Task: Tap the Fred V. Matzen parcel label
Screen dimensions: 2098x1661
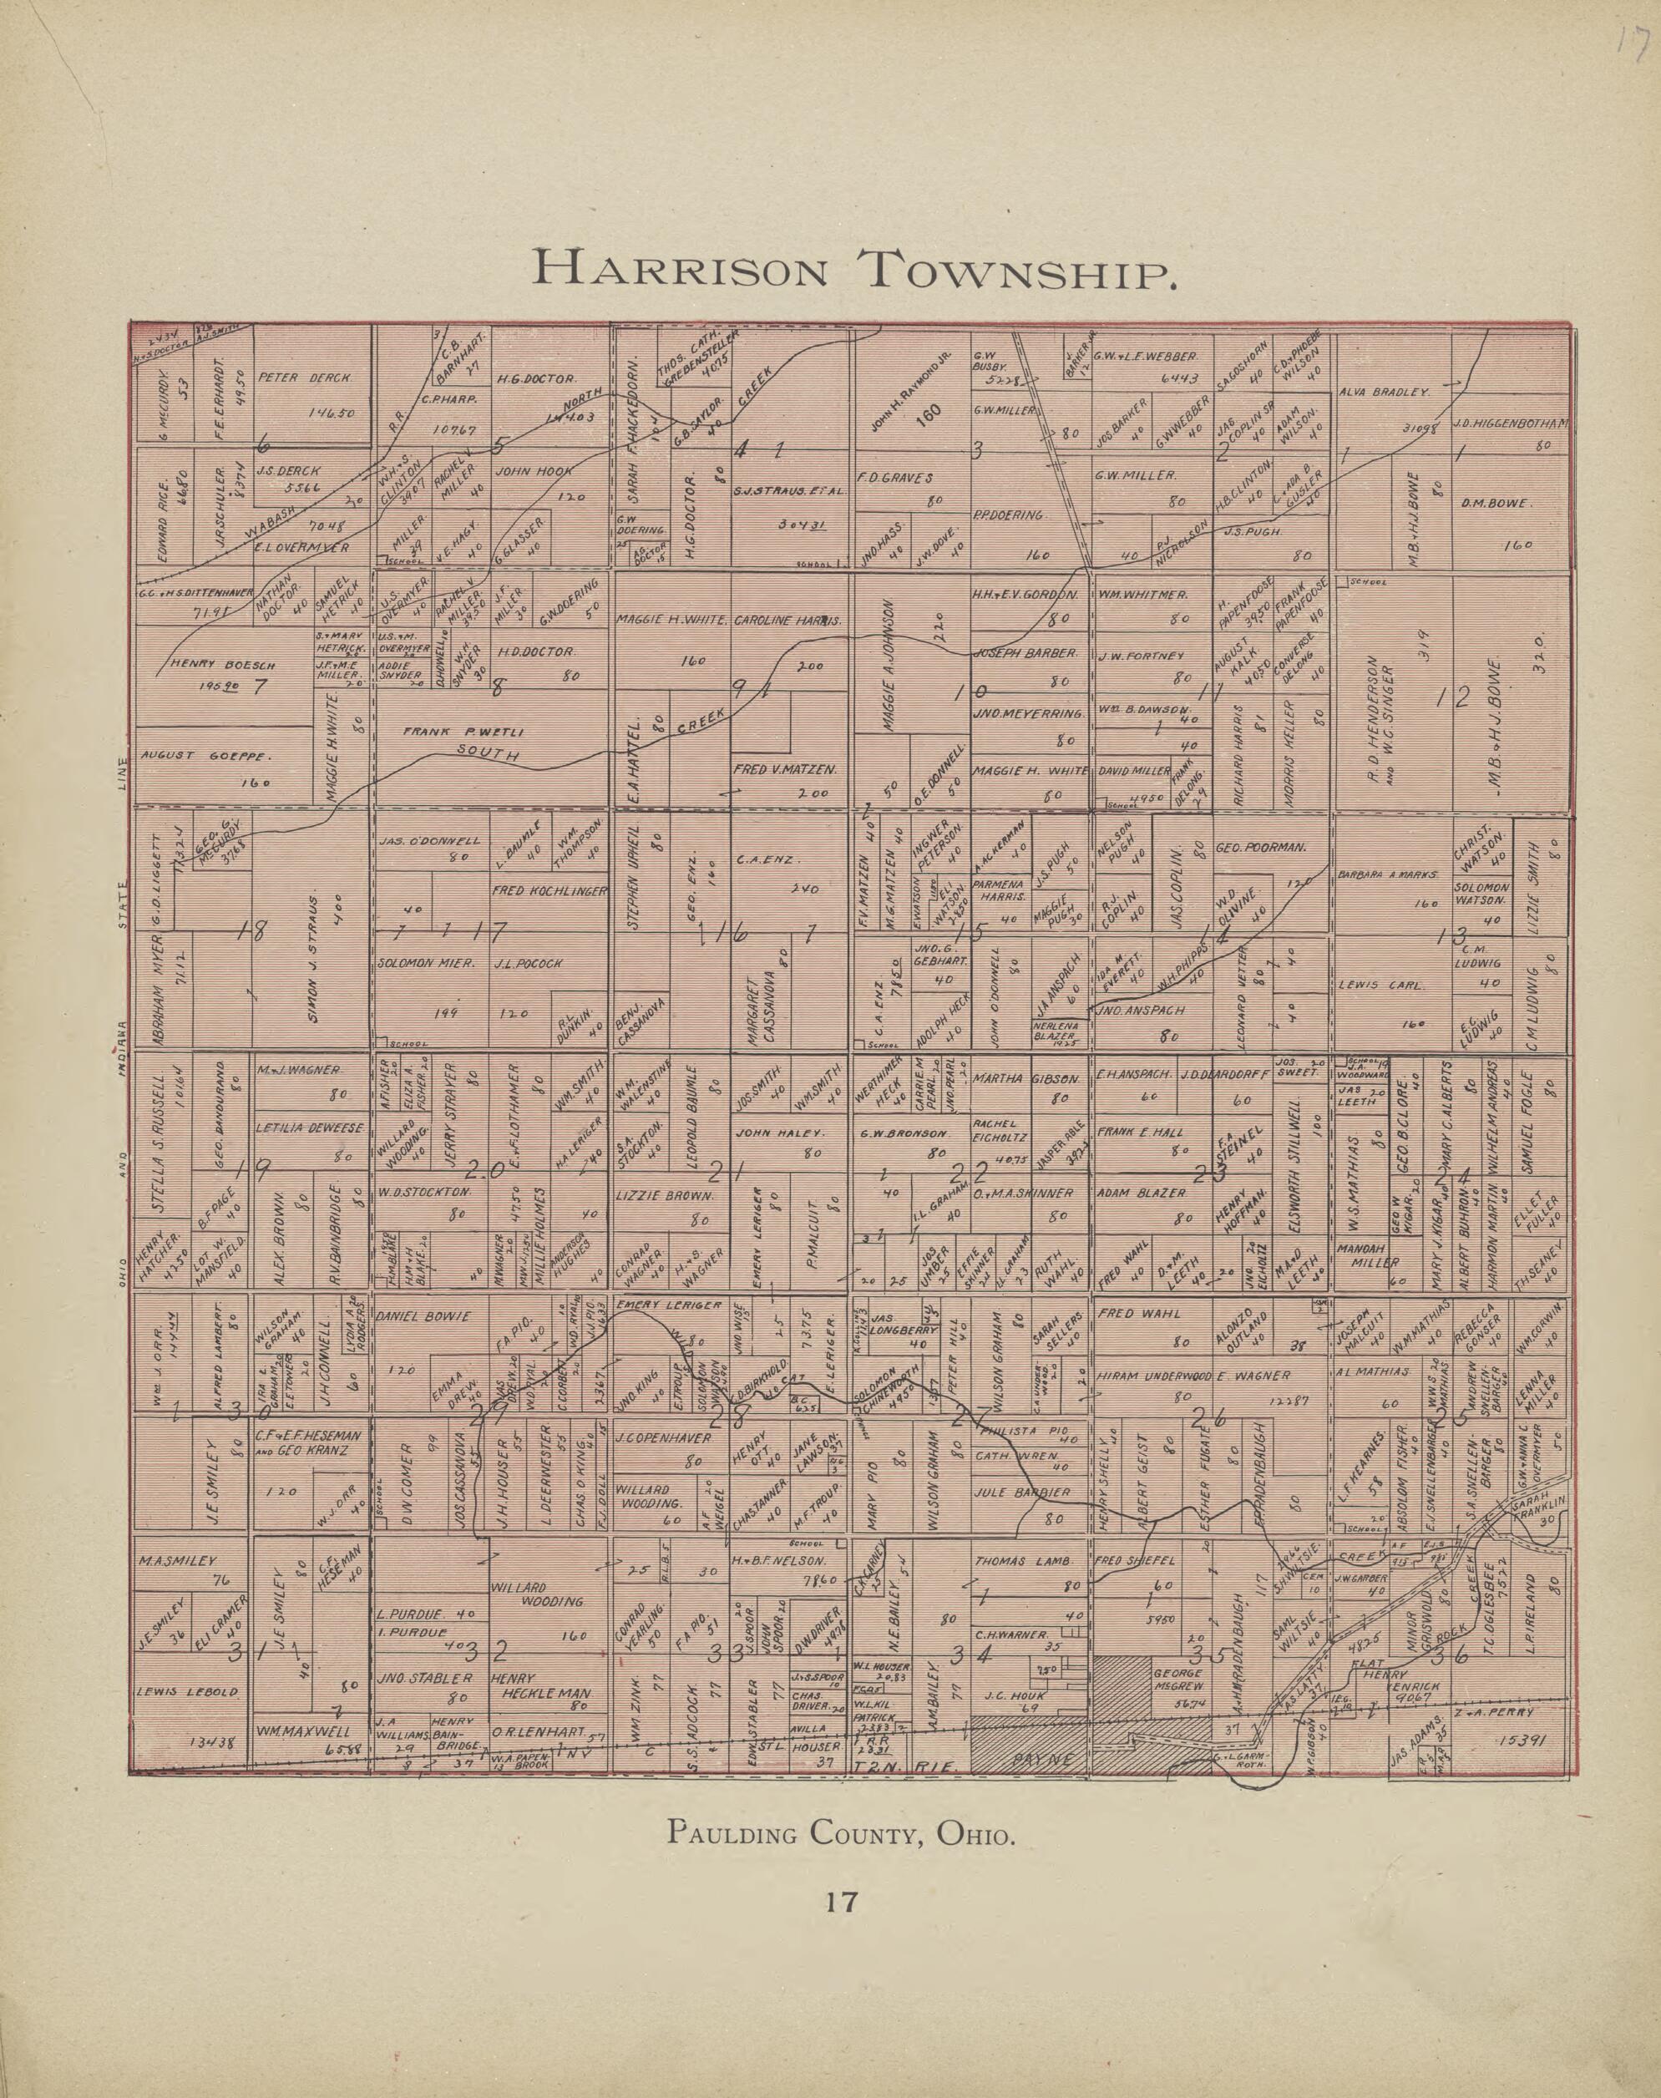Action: click(x=786, y=768)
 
